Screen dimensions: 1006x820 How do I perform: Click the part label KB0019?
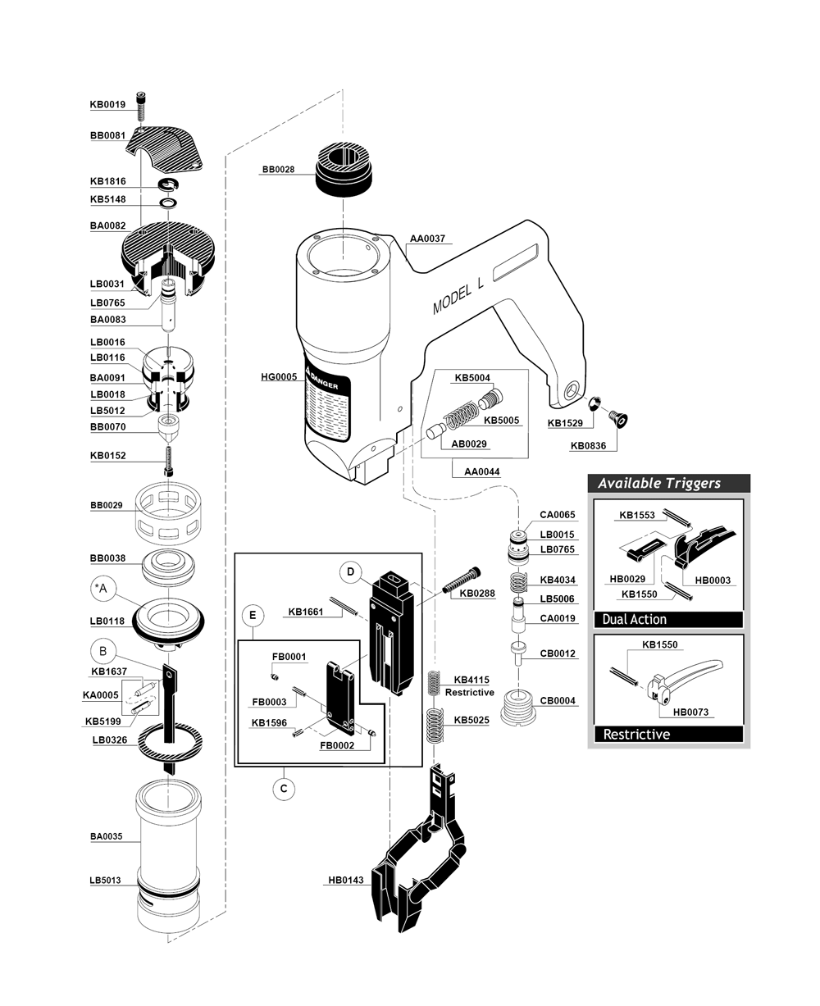107,105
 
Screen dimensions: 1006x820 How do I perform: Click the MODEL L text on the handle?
460,293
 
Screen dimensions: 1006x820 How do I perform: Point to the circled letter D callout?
350,571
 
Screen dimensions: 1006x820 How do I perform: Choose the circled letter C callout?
283,789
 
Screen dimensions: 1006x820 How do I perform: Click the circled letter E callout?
253,614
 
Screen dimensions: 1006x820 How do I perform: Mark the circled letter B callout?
102,652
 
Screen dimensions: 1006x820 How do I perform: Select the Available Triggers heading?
659,483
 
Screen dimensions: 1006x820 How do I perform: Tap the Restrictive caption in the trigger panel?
636,734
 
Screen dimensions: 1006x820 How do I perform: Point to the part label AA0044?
481,471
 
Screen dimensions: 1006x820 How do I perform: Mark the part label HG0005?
279,377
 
